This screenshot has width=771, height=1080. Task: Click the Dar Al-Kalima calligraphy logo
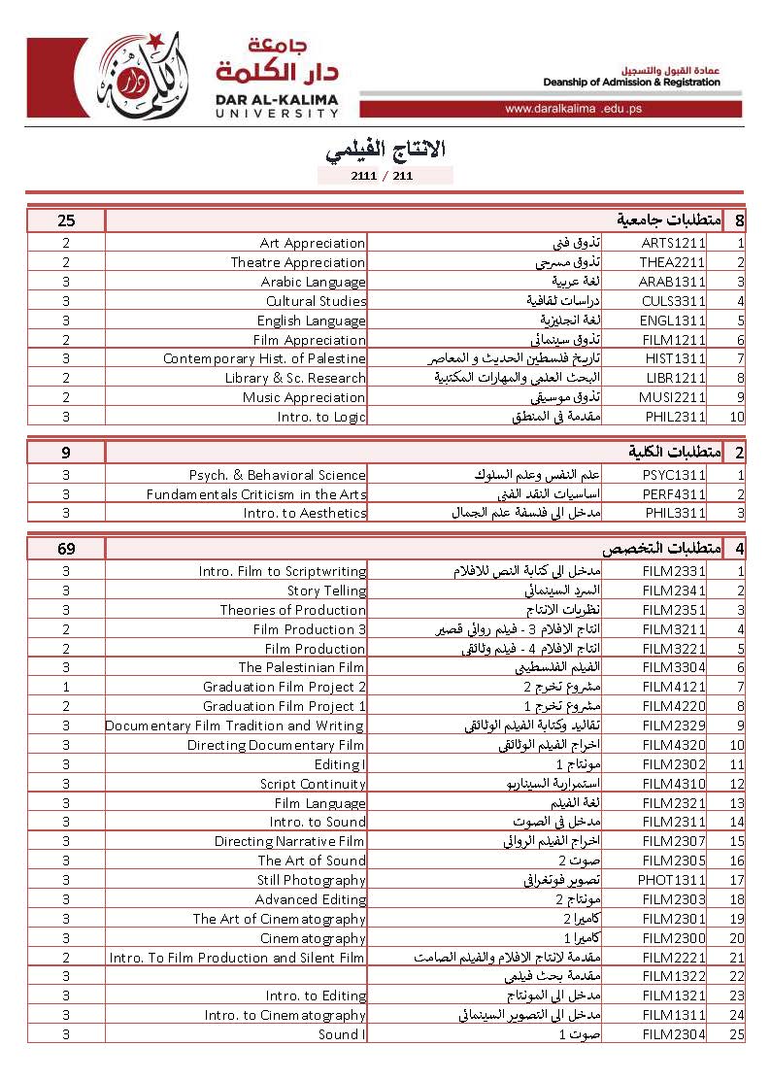(141, 76)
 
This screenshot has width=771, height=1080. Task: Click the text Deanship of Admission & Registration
(631, 83)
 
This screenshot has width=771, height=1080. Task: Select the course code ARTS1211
(673, 244)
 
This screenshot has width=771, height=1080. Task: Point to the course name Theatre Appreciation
(297, 263)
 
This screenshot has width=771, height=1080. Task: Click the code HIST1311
(673, 359)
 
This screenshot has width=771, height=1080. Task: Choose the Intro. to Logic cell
(320, 417)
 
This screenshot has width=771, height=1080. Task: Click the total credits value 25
(66, 220)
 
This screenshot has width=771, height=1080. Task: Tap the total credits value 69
(66, 549)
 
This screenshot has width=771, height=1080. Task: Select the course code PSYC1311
(673, 475)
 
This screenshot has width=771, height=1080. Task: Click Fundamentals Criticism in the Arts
(256, 494)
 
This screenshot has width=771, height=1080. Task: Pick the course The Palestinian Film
(302, 667)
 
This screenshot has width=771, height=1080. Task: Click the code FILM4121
(673, 687)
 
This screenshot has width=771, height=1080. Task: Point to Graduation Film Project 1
(285, 706)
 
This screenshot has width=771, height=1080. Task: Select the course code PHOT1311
(673, 880)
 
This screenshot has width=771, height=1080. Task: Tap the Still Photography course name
(311, 880)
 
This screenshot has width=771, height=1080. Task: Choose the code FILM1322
(673, 976)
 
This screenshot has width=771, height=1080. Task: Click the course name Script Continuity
(313, 784)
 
